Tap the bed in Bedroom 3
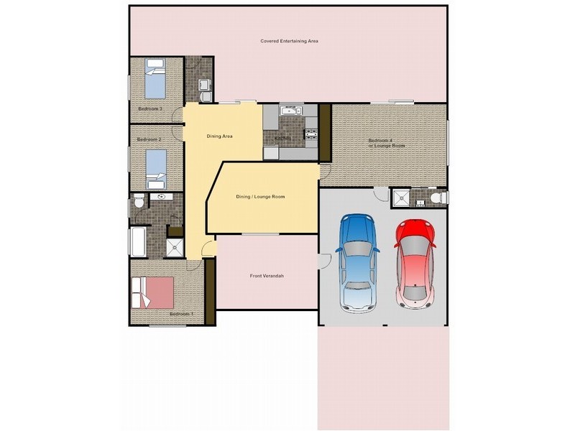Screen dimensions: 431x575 pos(155,79)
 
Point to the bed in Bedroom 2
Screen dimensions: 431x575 pos(156,169)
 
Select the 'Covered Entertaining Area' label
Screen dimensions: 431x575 pos(289,42)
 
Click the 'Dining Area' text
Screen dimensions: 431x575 pos(219,136)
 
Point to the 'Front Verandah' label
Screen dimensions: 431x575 pos(267,276)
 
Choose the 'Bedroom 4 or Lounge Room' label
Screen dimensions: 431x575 pos(387,143)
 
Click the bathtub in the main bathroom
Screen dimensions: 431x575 pos(139,241)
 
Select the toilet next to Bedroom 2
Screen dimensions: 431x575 pos(139,203)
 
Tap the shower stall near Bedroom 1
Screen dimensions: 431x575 pos(175,248)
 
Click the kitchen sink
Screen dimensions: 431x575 pos(290,111)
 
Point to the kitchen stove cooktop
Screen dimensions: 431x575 pos(312,132)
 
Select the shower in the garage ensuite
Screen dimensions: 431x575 pos(400,198)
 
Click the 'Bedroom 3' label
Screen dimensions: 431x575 pos(149,109)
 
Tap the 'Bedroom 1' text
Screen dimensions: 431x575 pos(180,314)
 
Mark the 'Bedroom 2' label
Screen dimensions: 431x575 pos(149,139)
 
